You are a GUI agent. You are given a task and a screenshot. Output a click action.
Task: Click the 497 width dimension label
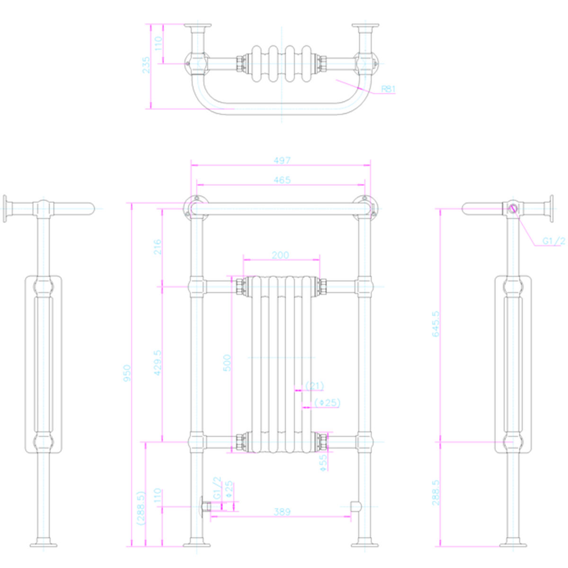coord(282,160)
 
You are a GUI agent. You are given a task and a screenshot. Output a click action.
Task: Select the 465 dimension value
coord(282,180)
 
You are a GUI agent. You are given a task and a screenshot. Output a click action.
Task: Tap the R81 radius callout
coord(388,89)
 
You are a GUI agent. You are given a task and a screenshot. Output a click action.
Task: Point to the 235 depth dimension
coord(146,65)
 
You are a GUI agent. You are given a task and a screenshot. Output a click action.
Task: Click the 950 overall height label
coord(127,373)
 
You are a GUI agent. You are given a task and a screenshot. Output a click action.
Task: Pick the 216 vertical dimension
coord(158,247)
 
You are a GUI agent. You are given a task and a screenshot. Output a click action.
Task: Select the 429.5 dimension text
coord(158,363)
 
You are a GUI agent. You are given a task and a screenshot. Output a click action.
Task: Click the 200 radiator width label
coord(280,255)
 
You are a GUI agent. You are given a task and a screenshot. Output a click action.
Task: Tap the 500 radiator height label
coord(227,363)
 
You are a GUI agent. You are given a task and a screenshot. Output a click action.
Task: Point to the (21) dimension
coord(314,386)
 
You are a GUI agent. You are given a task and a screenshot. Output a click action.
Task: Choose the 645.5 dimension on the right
coord(435,324)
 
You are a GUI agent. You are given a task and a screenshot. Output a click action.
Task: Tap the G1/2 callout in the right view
coord(553,241)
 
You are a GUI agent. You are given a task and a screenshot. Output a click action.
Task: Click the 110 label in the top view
coord(158,43)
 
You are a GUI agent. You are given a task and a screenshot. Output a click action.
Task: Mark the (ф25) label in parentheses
coord(327,403)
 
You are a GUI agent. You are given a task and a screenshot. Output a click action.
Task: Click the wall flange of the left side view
coord(5,208)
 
